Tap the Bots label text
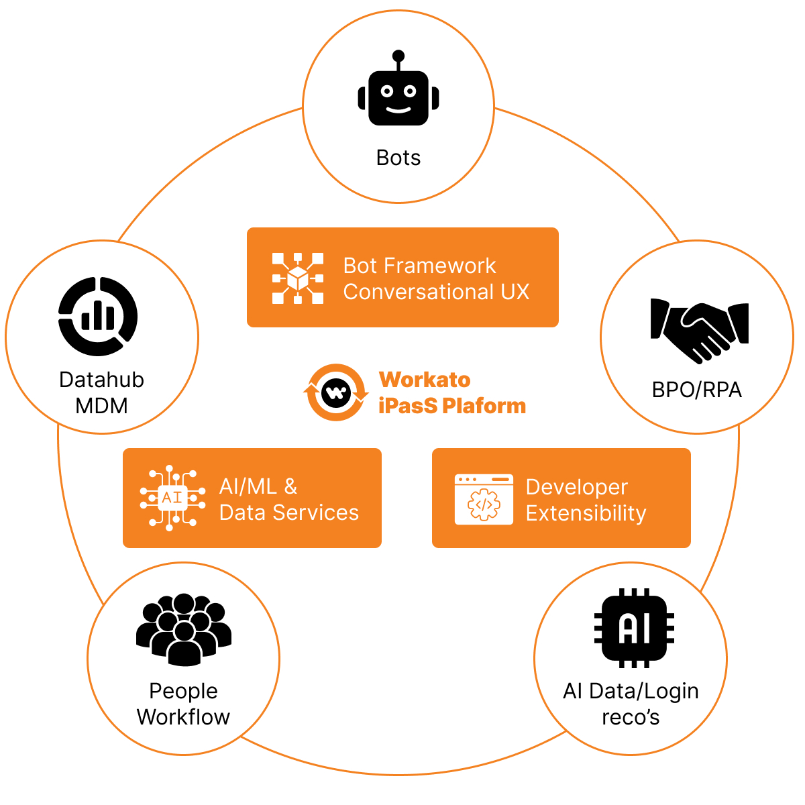(x=398, y=158)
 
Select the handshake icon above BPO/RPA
(x=699, y=329)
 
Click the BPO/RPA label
(x=696, y=390)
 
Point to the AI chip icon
(x=634, y=629)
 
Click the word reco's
(x=631, y=717)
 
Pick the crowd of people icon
(x=184, y=629)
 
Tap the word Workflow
(x=183, y=717)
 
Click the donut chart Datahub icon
(x=98, y=316)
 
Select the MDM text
(x=101, y=406)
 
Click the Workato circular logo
(x=336, y=392)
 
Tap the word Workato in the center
(x=425, y=380)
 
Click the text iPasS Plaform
(x=452, y=406)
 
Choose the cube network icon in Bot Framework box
(x=297, y=278)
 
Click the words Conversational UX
(x=436, y=292)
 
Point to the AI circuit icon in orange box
(x=172, y=498)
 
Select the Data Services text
(x=288, y=513)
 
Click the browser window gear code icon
(x=484, y=499)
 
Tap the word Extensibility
(x=586, y=513)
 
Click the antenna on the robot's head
(x=398, y=57)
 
